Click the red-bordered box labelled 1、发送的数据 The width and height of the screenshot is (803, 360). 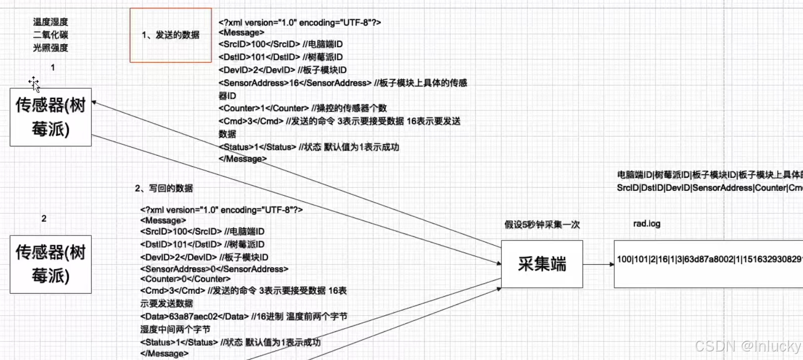(x=171, y=35)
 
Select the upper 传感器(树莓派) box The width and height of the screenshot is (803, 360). (x=51, y=117)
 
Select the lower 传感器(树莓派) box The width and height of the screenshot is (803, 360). (x=51, y=264)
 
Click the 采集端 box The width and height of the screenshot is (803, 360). (x=542, y=264)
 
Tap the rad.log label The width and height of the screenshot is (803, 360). (x=646, y=224)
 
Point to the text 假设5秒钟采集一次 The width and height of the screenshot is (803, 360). (x=542, y=224)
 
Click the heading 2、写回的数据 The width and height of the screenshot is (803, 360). (x=164, y=188)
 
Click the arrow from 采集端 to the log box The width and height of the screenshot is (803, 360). (x=598, y=264)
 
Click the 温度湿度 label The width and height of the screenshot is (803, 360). (x=51, y=22)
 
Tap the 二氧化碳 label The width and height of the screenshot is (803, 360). (x=51, y=35)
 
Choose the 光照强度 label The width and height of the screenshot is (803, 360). (x=51, y=48)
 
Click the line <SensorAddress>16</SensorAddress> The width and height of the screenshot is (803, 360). (x=295, y=83)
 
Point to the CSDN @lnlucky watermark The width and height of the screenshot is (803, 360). (x=747, y=346)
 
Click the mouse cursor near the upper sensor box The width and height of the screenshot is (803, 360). (x=34, y=83)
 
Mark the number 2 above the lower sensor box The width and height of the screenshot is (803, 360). (x=44, y=219)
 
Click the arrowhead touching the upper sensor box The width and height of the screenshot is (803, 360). (x=94, y=103)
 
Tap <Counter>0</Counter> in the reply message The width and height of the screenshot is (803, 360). (x=185, y=279)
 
